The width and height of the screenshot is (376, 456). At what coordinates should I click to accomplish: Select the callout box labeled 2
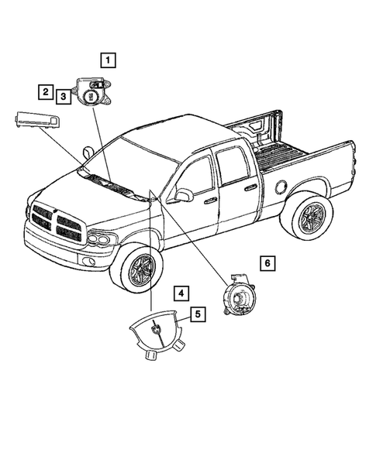[x=47, y=93]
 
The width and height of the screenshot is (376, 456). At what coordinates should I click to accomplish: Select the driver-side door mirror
[x=183, y=195]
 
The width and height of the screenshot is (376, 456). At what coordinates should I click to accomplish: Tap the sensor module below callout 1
[x=92, y=92]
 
